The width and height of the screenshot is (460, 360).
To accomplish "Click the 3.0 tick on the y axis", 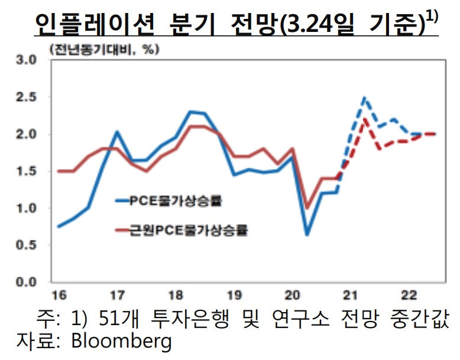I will (25, 60).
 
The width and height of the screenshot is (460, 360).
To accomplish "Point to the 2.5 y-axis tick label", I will (25, 97).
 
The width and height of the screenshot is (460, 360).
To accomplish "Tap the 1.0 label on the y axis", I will (25, 208).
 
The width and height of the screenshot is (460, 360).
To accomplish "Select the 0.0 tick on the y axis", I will (25, 282).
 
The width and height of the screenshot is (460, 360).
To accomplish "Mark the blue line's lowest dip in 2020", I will (307, 235).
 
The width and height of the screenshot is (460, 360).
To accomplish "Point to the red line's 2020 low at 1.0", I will (307, 208).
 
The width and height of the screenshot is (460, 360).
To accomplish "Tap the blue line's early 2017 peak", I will (116, 132).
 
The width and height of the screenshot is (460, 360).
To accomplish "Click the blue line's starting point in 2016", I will (59, 226).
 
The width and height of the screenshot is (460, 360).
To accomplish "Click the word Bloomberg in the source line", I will (121, 342).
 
